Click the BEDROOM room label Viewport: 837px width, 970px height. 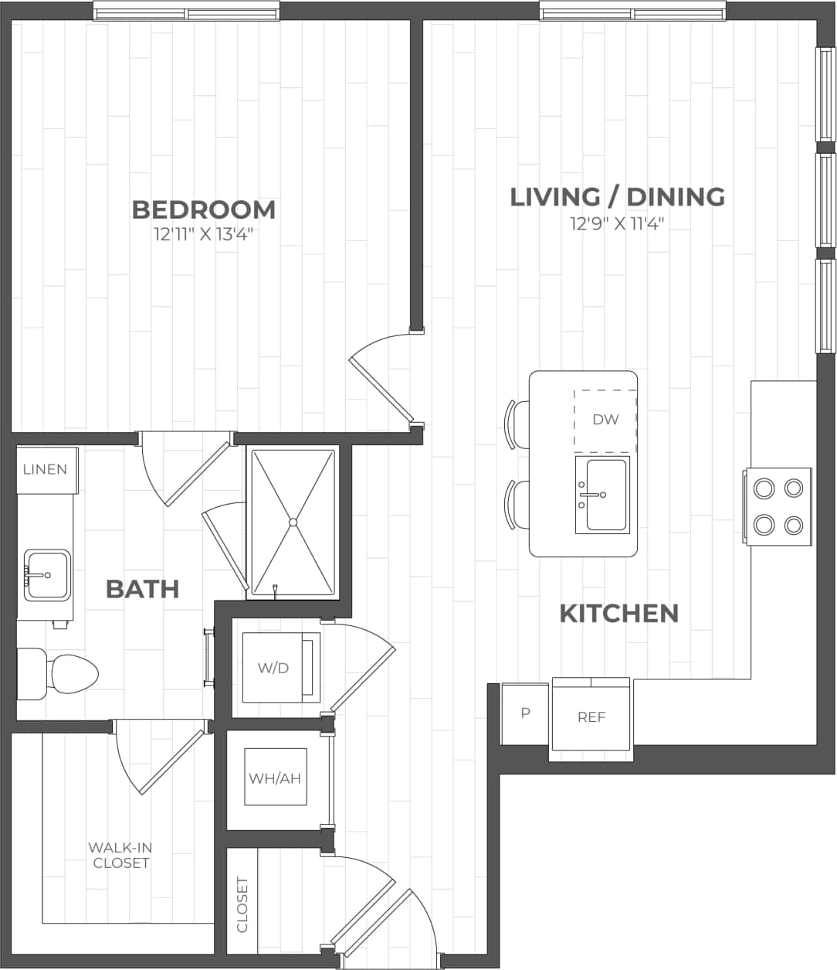click(203, 209)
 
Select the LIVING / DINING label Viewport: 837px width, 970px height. click(617, 196)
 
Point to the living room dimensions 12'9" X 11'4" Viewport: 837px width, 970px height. click(617, 224)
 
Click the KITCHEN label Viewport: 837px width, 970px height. click(618, 614)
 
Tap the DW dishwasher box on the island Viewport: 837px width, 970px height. click(605, 420)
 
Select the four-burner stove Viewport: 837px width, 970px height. click(778, 506)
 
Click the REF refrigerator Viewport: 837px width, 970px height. click(591, 717)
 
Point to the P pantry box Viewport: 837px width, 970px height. click(525, 713)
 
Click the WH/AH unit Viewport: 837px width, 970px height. click(274, 778)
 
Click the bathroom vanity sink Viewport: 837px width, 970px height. click(47, 575)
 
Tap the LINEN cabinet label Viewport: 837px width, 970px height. click(46, 469)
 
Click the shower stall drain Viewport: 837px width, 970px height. click(293, 522)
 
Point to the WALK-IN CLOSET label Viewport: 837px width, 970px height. click(120, 855)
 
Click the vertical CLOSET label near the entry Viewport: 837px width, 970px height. click(242, 904)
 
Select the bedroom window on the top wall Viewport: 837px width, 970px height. click(186, 12)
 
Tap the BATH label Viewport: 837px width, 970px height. click(142, 589)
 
